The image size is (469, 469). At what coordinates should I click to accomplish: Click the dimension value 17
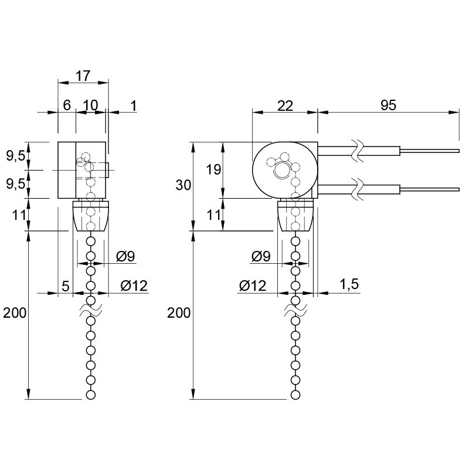(x=83, y=76)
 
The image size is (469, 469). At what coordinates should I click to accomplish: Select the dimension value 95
(x=388, y=106)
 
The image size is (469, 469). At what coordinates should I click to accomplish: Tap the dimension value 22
(x=285, y=106)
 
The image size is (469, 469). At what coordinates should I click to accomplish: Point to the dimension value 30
(x=183, y=185)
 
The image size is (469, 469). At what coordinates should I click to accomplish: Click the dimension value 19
(x=213, y=169)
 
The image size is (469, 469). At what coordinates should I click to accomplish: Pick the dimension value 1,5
(x=349, y=284)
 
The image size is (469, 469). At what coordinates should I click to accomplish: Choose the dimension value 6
(x=67, y=106)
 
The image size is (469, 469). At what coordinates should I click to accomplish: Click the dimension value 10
(x=90, y=106)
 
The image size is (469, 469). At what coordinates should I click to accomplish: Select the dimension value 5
(x=66, y=286)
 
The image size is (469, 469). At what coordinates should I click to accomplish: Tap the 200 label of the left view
(x=15, y=313)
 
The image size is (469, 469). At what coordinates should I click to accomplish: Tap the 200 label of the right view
(x=179, y=313)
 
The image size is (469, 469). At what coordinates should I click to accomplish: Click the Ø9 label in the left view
(x=125, y=256)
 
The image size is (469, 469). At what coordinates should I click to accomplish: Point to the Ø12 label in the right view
(x=253, y=286)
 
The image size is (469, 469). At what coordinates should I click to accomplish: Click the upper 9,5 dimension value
(x=16, y=156)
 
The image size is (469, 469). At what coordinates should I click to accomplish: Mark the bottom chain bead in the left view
(x=90, y=395)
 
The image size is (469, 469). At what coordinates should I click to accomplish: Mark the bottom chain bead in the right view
(x=295, y=395)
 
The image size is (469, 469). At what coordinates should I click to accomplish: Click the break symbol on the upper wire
(x=358, y=151)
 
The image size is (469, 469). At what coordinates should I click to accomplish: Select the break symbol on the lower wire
(x=358, y=189)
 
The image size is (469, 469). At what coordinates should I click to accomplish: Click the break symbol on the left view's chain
(x=90, y=311)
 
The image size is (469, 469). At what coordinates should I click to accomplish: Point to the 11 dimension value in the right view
(x=213, y=215)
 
